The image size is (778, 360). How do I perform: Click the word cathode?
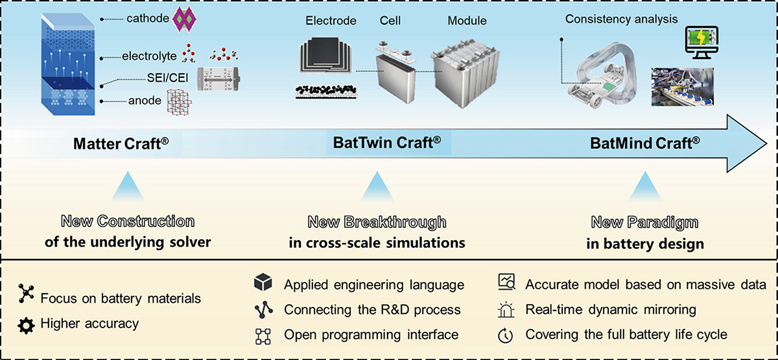(148, 18)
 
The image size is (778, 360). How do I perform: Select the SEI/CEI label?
(167, 78)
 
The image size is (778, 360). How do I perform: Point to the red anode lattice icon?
(179, 102)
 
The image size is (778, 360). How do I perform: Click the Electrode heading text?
(331, 21)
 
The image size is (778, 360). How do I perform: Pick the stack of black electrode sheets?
(325, 55)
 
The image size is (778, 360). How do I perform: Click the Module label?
(467, 21)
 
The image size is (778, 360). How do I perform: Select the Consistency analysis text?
(621, 19)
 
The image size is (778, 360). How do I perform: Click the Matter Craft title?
(121, 143)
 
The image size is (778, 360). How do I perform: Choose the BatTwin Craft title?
(387, 143)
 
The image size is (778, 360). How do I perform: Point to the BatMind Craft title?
(645, 143)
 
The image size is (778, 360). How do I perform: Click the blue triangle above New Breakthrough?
(377, 186)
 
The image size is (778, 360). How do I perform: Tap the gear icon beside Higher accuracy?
(26, 326)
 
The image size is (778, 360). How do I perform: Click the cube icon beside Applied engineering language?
(263, 282)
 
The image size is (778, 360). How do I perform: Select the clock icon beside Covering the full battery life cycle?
(505, 336)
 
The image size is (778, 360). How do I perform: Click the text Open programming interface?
(371, 335)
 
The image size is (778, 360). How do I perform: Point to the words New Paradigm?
(644, 222)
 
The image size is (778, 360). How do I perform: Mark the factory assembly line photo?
(683, 87)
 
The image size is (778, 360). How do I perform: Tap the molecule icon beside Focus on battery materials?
(26, 294)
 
